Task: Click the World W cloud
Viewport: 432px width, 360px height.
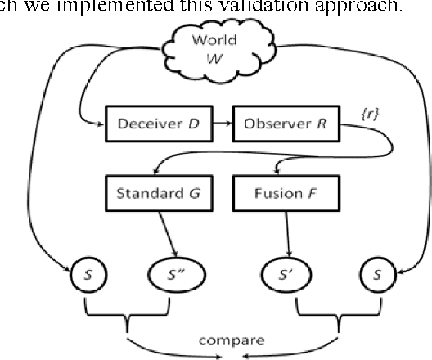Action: click(x=214, y=49)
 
